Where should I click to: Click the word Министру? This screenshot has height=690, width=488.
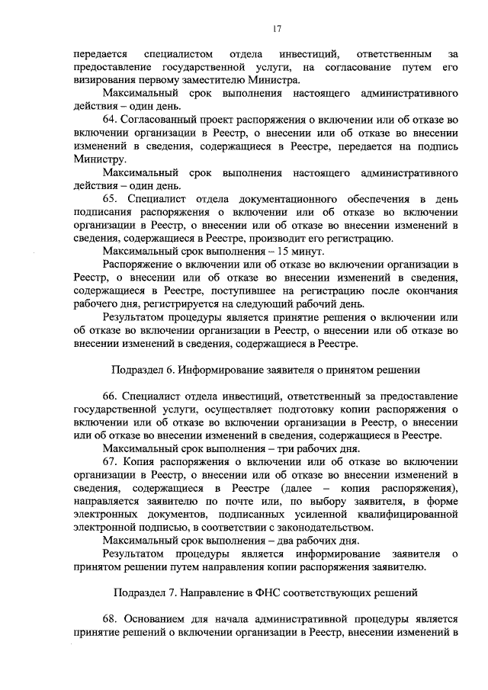pos(98,160)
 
